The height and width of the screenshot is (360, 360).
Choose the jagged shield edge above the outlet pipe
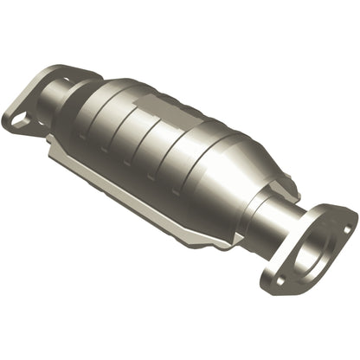277,174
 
